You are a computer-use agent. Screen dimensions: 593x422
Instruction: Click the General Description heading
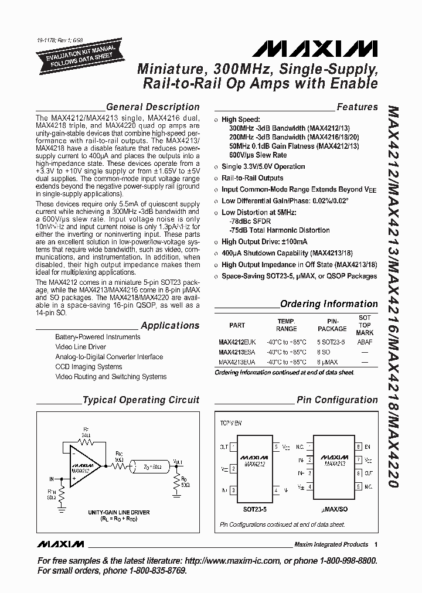pyautogui.click(x=153, y=107)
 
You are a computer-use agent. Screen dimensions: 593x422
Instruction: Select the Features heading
pyautogui.click(x=357, y=107)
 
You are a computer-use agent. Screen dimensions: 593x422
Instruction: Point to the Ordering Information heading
pyautogui.click(x=329, y=304)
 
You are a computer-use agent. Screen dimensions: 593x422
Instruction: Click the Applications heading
pyautogui.click(x=170, y=326)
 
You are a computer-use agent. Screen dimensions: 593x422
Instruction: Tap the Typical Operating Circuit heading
pyautogui.click(x=141, y=401)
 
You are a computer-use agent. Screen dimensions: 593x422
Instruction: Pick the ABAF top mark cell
pyautogui.click(x=365, y=343)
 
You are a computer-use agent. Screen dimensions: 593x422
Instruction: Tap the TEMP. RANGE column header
pyautogui.click(x=287, y=325)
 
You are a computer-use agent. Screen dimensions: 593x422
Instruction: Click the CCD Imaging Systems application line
pyautogui.click(x=89, y=367)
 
